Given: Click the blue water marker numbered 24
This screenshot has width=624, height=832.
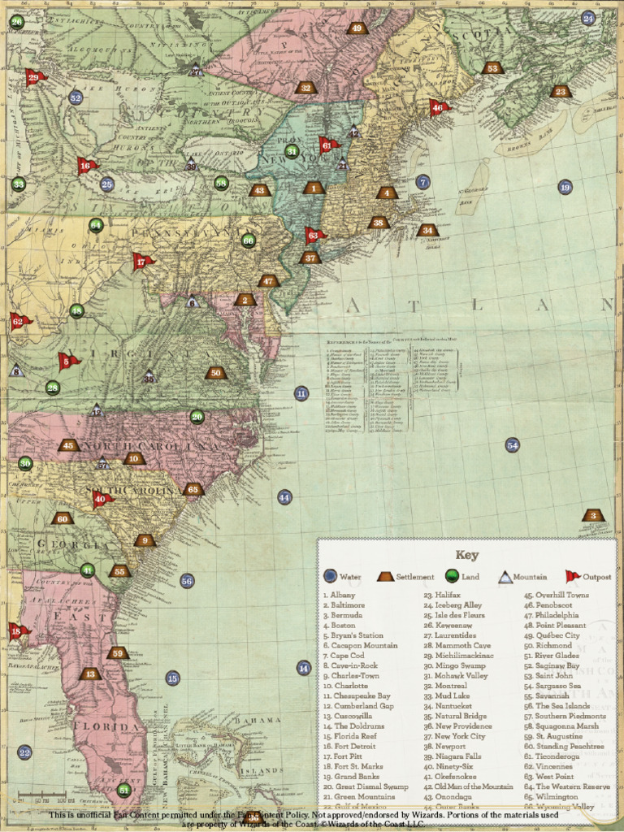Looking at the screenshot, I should point(588,18).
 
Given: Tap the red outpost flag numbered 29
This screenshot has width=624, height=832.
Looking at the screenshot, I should point(34,78).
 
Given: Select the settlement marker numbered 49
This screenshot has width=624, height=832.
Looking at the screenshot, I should point(356,28).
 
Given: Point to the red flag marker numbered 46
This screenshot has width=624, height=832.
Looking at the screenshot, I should point(438,107).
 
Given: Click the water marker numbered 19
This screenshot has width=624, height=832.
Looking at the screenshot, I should point(565,187).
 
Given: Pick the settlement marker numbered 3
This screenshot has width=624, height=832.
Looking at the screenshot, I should point(593,515).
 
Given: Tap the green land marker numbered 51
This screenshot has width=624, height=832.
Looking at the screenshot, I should point(123,789).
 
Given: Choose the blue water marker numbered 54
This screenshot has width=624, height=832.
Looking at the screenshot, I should point(512,444).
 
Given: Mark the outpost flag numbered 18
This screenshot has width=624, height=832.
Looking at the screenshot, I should point(16,630).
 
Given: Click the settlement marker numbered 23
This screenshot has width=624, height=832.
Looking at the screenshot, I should point(560,91).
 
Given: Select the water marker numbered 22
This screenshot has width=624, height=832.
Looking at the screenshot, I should point(24,752).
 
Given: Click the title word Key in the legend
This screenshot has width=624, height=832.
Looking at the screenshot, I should point(467,556).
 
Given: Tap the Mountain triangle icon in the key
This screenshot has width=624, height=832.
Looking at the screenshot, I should point(505,577).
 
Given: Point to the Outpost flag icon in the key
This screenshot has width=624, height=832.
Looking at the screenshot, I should point(574,576).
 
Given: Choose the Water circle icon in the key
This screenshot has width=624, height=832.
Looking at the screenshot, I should point(330,577).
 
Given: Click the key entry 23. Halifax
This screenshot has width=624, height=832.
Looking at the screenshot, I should point(442,596).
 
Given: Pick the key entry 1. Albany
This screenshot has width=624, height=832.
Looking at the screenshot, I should point(339,596).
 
